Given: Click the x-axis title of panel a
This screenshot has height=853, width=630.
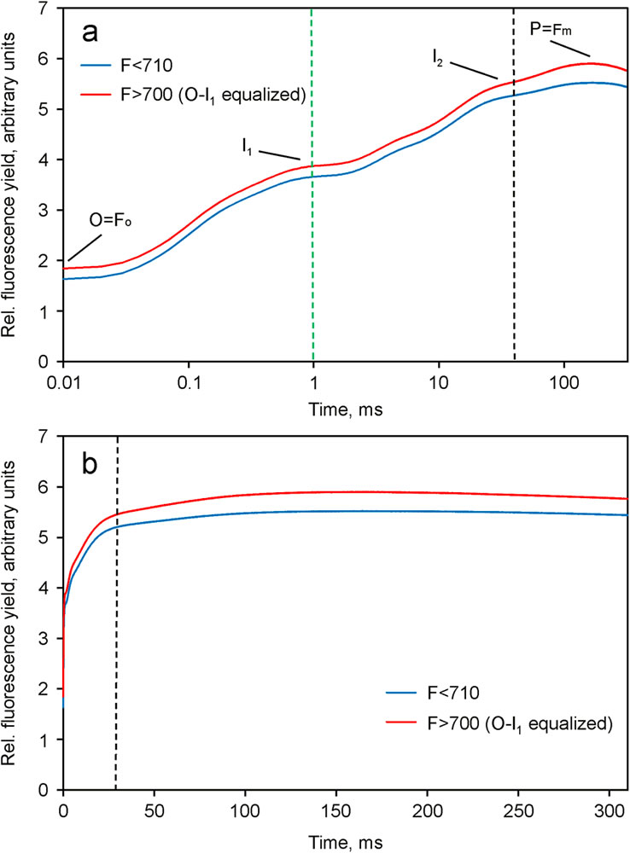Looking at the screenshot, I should pos(345,409).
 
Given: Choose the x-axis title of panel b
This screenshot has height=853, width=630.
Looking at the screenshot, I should pos(345,839).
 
